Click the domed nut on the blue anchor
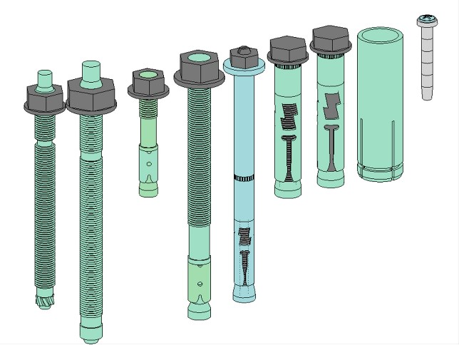242,55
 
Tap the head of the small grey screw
428,20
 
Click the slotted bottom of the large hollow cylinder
380,172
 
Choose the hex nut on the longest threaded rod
90,96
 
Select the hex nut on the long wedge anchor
200,67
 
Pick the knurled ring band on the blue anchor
243,176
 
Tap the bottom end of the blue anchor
244,297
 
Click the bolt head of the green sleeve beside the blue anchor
287,49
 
